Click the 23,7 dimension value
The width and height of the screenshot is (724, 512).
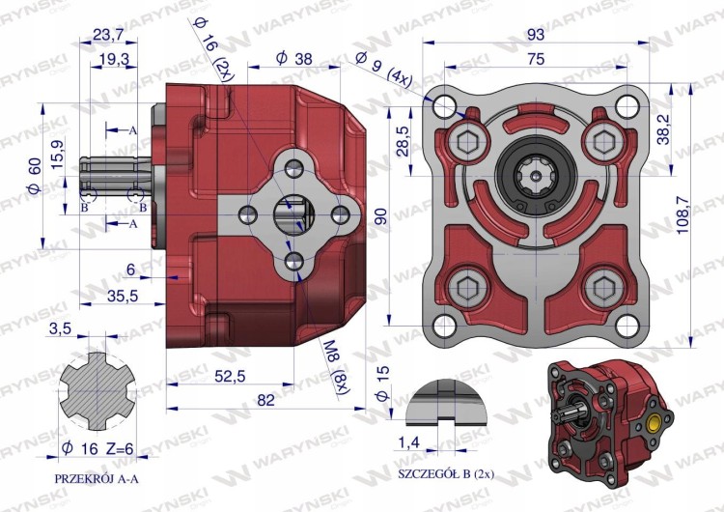point(108,35)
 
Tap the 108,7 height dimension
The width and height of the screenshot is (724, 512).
point(682,214)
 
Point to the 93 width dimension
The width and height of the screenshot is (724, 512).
point(535,35)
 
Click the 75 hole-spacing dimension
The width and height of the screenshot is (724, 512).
point(535,59)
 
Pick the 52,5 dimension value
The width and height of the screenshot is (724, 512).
point(230,377)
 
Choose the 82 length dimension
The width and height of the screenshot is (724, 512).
point(266,400)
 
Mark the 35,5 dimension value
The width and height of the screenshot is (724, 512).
point(123,296)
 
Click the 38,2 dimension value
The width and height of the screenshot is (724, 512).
point(663,129)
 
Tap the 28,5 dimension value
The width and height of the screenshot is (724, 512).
point(404,141)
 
